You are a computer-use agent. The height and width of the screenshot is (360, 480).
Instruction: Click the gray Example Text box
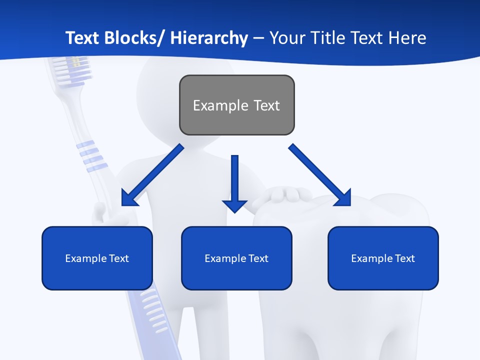pyautogui.click(x=236, y=105)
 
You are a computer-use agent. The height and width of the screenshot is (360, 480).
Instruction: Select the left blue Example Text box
pyautogui.click(x=97, y=258)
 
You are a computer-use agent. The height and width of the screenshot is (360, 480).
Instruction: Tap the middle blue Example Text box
pyautogui.click(x=236, y=258)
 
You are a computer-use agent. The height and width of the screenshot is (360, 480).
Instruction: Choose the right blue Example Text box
pyautogui.click(x=383, y=258)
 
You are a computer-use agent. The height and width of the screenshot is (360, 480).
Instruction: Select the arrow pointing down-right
pyautogui.click(x=320, y=176)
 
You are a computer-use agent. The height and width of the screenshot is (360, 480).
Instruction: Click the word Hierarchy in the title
pyautogui.click(x=209, y=38)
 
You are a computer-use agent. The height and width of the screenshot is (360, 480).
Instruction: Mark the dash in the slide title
pyautogui.click(x=258, y=38)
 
